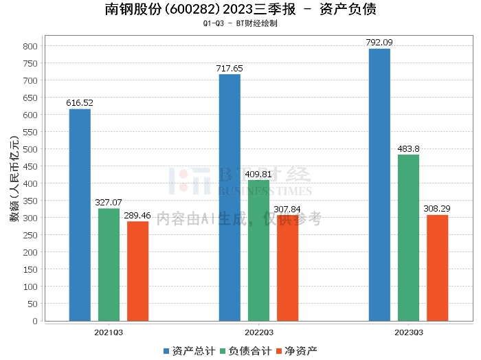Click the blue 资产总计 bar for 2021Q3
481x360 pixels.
pyautogui.click(x=80, y=214)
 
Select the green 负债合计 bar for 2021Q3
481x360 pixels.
pyautogui.click(x=109, y=265)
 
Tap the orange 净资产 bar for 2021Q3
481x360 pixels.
pyautogui.click(x=137, y=271)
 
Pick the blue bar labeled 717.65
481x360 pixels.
pyautogui.click(x=230, y=197)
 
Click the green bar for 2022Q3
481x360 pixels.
pyautogui.click(x=258, y=250)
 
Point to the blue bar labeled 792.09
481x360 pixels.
pyautogui.click(x=379, y=184)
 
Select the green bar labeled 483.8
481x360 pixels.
pyautogui.click(x=408, y=237)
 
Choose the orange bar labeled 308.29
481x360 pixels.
pyautogui.click(x=437, y=267)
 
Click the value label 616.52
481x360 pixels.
pyautogui.click(x=80, y=103)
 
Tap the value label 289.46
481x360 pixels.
pyautogui.click(x=137, y=216)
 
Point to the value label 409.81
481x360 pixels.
pyautogui.click(x=258, y=175)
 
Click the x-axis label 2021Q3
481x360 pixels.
pyautogui.click(x=109, y=332)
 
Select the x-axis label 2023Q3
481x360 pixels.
pyautogui.click(x=408, y=332)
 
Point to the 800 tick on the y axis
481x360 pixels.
pyautogui.click(x=30, y=46)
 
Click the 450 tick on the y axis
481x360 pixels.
pyautogui.click(x=30, y=166)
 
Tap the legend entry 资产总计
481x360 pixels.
pyautogui.click(x=187, y=351)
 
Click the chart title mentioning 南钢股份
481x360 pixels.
pyautogui.click(x=240, y=10)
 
